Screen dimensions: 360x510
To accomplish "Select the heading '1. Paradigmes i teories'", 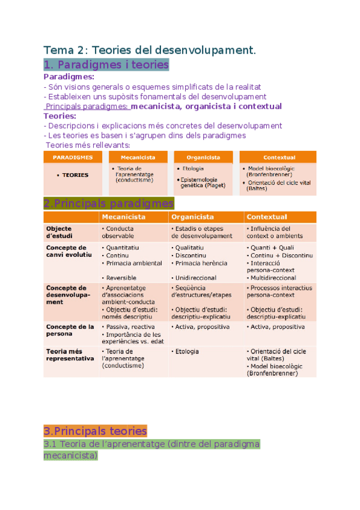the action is point(106,64).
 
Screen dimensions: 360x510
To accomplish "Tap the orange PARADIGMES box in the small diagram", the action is point(73,157).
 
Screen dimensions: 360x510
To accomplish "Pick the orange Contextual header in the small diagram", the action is point(279,157).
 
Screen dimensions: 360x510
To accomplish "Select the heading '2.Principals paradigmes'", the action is point(109,203).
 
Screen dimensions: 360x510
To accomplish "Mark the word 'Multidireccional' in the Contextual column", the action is point(273,278).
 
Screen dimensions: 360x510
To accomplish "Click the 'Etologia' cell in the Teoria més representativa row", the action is point(187,351).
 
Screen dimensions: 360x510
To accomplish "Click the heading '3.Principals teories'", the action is point(95,431).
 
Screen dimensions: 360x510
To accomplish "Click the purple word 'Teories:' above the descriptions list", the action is point(60,115).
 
